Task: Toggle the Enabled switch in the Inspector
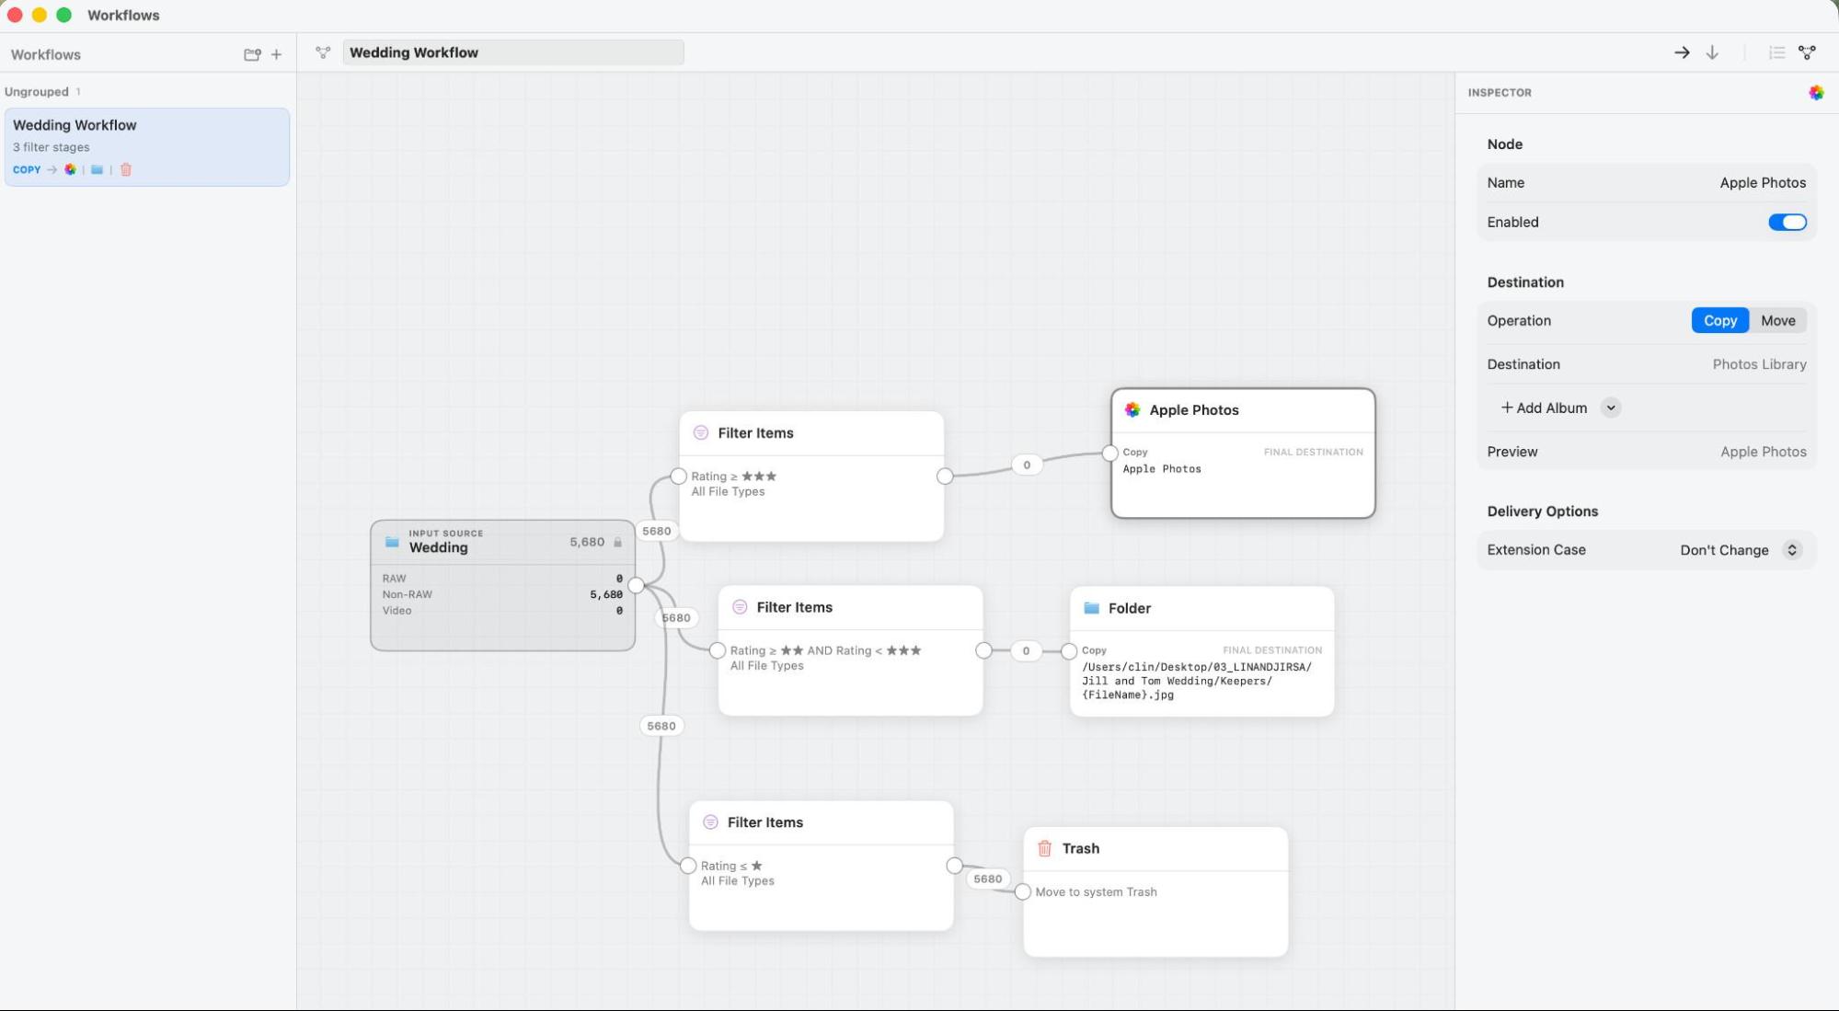[x=1787, y=222]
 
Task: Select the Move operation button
[x=1777, y=320]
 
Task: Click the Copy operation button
[x=1719, y=320]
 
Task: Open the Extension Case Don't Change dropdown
[x=1740, y=550]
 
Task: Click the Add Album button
[x=1545, y=408]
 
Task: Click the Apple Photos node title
[x=1193, y=410]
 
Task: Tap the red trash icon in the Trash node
[x=1044, y=848]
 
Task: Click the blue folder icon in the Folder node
[x=1091, y=608]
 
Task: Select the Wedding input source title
[x=438, y=547]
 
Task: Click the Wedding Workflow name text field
[x=513, y=52]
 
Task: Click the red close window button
[x=15, y=15]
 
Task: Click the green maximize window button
[x=63, y=15]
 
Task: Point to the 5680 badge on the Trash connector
[x=987, y=879]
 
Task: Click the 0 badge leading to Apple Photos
[x=1027, y=465]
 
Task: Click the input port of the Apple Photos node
[x=1109, y=453]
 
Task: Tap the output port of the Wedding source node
[x=636, y=585]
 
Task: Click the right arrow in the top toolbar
[x=1682, y=52]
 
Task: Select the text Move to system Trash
[x=1096, y=892]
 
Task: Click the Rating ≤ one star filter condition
[x=731, y=866]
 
